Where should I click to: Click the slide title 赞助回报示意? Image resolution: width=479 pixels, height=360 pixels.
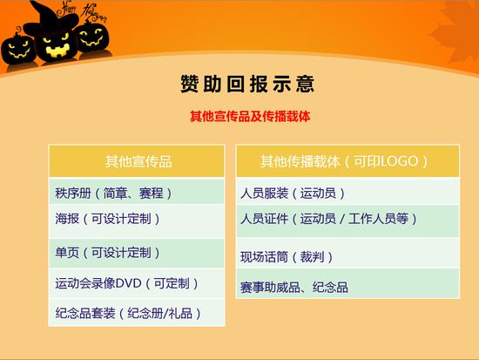[247, 84]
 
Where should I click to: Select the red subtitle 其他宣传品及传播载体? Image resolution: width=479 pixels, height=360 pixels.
[250, 117]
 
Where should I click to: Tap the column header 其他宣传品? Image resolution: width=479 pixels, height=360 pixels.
[138, 161]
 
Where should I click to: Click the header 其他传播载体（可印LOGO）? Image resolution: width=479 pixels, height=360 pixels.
[344, 161]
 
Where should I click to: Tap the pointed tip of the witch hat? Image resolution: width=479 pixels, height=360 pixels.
[31, 3]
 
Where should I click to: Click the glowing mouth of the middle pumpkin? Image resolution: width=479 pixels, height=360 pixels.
[57, 51]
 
